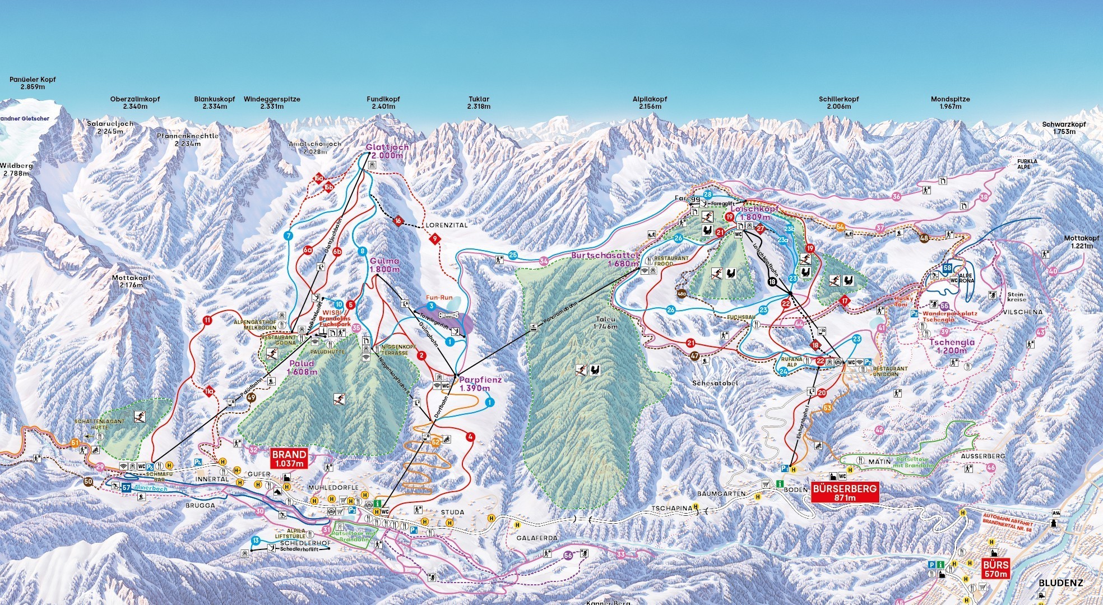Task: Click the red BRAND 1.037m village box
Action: click(289, 458)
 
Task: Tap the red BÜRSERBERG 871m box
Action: click(844, 493)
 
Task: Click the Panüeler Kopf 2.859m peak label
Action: click(33, 84)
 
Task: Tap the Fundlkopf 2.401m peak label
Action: click(383, 103)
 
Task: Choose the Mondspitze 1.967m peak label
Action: click(950, 103)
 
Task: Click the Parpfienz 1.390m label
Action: click(480, 384)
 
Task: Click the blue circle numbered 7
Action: click(289, 235)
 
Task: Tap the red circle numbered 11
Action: click(208, 321)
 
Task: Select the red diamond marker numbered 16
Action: click(398, 220)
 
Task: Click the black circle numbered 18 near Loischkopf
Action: click(773, 283)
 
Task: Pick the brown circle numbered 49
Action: click(251, 398)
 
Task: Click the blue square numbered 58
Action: click(947, 269)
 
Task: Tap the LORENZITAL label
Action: click(447, 224)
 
